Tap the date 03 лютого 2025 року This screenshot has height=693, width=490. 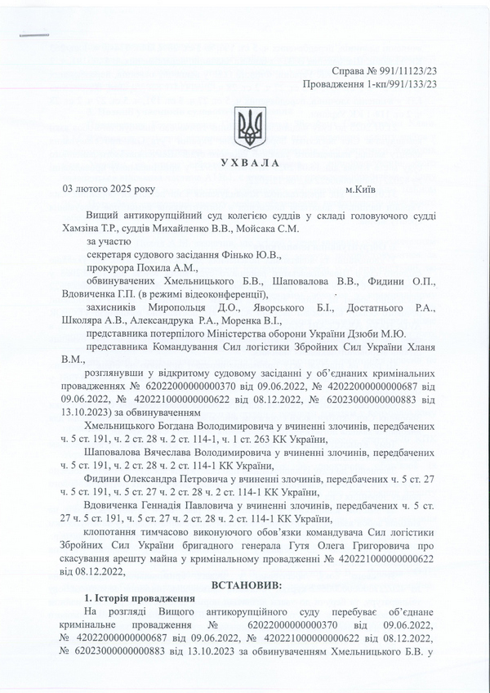(108, 190)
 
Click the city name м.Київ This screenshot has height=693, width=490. (360, 190)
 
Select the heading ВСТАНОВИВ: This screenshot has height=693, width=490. (246, 585)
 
